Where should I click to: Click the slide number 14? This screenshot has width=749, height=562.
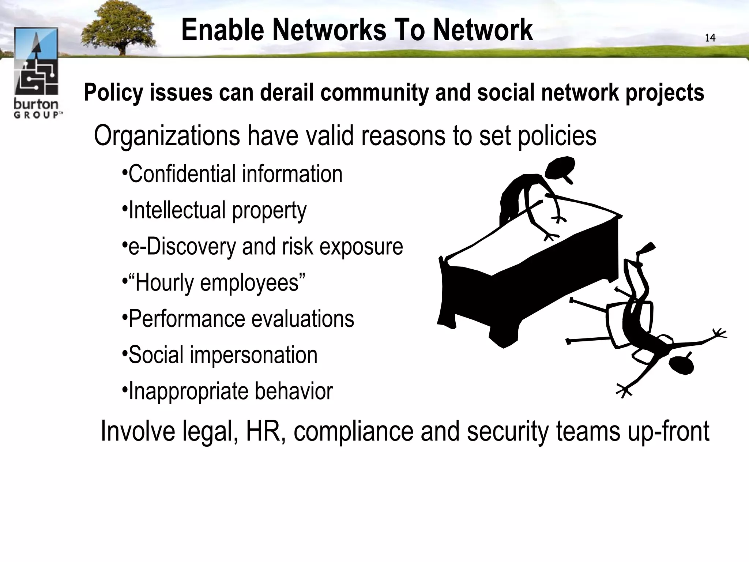click(x=710, y=38)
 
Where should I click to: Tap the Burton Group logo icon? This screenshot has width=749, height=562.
click(x=36, y=62)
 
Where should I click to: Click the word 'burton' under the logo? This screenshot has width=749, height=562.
click(x=36, y=104)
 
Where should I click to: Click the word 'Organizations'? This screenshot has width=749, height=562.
click(x=167, y=136)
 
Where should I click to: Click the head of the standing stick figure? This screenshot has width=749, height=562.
click(x=560, y=168)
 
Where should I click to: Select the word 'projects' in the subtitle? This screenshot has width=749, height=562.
click(x=665, y=92)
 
